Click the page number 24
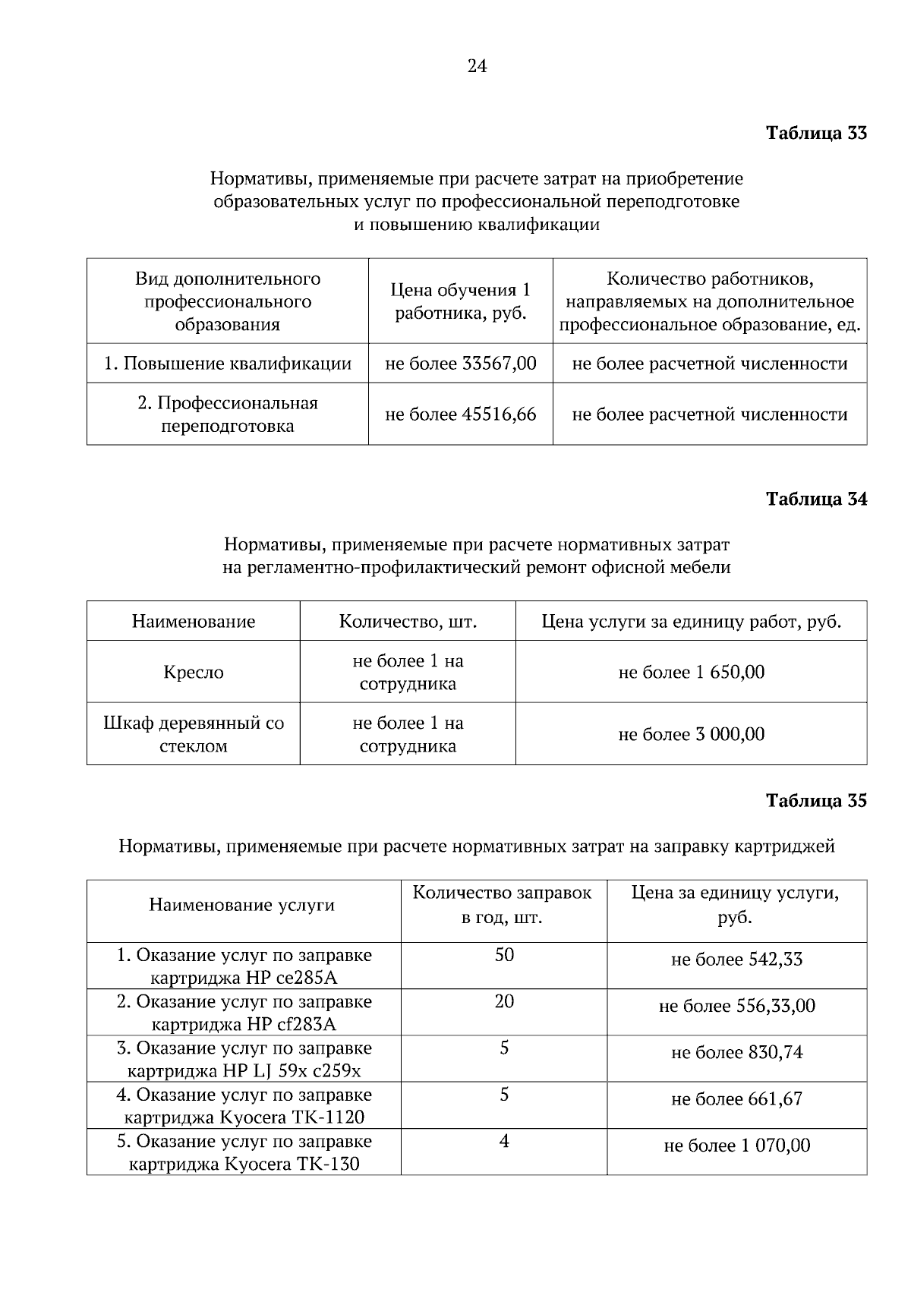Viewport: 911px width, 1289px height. click(x=477, y=66)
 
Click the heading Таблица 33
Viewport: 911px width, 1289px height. click(x=816, y=133)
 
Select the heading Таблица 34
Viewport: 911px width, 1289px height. click(x=816, y=499)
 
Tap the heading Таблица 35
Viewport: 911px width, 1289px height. click(x=816, y=801)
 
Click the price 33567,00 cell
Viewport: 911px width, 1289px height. click(x=461, y=364)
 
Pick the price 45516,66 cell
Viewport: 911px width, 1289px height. click(x=461, y=414)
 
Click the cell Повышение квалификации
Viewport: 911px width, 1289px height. click(x=228, y=364)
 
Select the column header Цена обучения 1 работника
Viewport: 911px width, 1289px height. click(x=461, y=301)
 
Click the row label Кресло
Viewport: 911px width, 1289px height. click(x=194, y=673)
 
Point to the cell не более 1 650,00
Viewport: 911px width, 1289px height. click(x=692, y=673)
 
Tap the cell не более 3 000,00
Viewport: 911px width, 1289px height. click(x=692, y=734)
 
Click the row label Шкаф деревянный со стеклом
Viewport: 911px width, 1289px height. click(x=194, y=734)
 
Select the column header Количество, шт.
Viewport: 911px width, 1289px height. click(x=408, y=622)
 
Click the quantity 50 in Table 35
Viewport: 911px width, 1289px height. click(x=504, y=955)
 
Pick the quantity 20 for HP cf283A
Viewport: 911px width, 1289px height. click(x=504, y=1001)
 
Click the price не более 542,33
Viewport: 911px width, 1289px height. click(x=736, y=960)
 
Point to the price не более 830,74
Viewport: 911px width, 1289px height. click(x=736, y=1053)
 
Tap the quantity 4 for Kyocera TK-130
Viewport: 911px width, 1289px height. click(x=504, y=1141)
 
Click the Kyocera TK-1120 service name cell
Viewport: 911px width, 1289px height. click(x=244, y=1106)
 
